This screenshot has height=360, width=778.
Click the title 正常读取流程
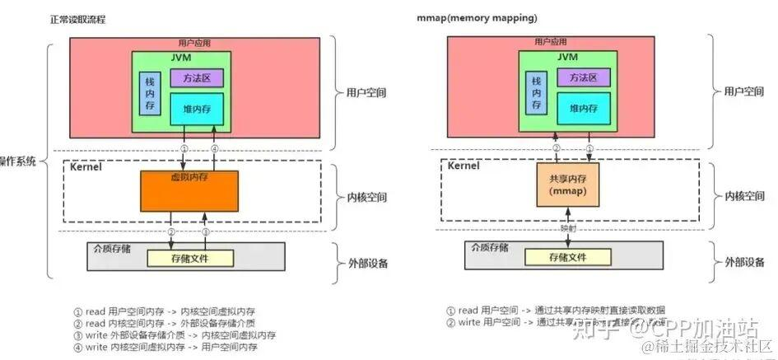(77, 18)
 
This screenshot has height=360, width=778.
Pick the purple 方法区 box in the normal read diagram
(197, 78)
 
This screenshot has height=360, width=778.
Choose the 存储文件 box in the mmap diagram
(567, 258)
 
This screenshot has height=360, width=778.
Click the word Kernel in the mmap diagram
(464, 166)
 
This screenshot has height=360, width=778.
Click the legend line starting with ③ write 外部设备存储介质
(175, 335)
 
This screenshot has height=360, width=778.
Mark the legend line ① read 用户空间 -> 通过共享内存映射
(556, 311)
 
